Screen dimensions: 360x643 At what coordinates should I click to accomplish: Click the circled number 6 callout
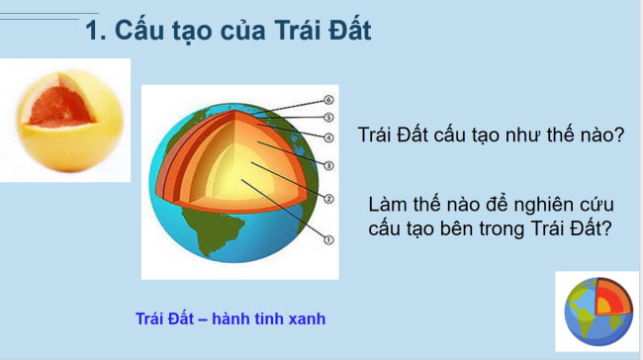[330, 100]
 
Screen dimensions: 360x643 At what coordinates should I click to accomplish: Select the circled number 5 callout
[330, 117]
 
